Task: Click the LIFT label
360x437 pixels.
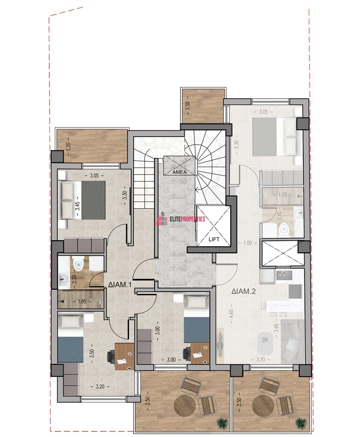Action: [x=214, y=239]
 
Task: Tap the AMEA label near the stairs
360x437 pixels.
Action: [x=180, y=172]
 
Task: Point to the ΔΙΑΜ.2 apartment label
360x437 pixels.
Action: [x=244, y=292]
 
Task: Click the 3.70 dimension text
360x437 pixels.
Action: [x=261, y=360]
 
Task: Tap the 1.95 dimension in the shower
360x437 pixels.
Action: [x=82, y=302]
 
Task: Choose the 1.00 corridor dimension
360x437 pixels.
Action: [x=248, y=243]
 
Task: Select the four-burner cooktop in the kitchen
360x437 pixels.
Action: [x=295, y=291]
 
